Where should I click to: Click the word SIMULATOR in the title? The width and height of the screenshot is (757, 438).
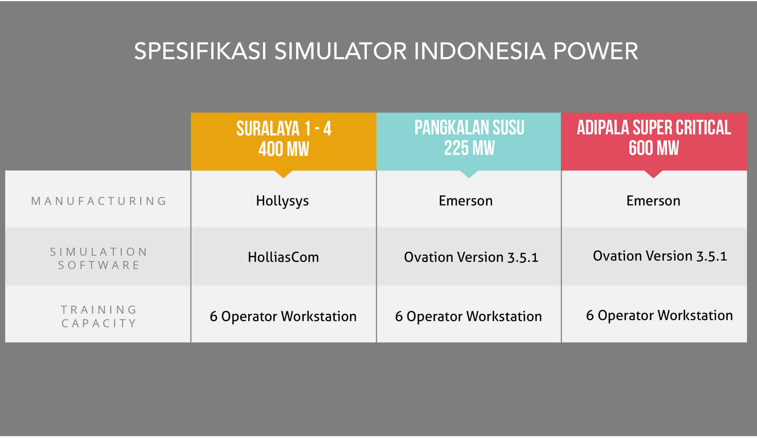pyautogui.click(x=341, y=51)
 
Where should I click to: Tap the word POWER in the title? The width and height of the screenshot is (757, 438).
pyautogui.click(x=595, y=51)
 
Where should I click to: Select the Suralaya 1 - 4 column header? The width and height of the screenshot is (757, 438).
pyautogui.click(x=284, y=141)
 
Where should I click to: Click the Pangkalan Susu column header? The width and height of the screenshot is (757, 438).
pyautogui.click(x=469, y=141)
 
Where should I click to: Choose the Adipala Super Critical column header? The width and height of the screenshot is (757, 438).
pyautogui.click(x=654, y=141)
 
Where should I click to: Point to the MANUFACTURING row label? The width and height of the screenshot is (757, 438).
pyautogui.click(x=98, y=201)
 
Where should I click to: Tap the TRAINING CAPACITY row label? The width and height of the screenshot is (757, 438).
pyautogui.click(x=98, y=316)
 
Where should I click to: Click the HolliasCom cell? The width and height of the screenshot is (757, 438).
pyautogui.click(x=283, y=257)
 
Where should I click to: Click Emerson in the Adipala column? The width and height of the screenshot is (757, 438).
pyautogui.click(x=654, y=201)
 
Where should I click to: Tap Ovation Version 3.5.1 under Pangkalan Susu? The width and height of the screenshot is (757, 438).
pyautogui.click(x=471, y=257)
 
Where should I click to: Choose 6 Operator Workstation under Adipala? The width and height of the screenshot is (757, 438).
pyautogui.click(x=660, y=316)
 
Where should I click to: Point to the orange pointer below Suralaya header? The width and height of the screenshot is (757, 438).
pyautogui.click(x=284, y=174)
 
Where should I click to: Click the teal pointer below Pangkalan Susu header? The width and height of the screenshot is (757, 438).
pyautogui.click(x=469, y=174)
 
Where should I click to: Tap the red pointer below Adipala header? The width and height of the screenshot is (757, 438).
pyautogui.click(x=653, y=174)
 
